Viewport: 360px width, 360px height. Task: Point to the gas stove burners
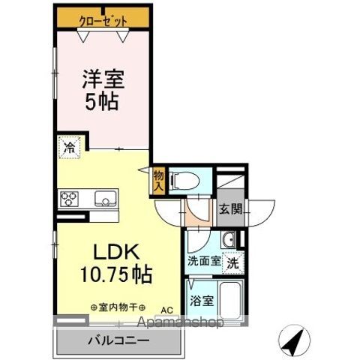click(x=70, y=199)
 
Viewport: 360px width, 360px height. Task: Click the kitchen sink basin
click(x=104, y=199)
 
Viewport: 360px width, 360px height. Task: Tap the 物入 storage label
click(x=159, y=180)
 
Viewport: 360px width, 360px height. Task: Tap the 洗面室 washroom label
click(x=203, y=262)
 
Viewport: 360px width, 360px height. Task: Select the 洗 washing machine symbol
click(x=234, y=263)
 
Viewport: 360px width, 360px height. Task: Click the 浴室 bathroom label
click(x=202, y=300)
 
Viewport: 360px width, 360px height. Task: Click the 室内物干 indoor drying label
click(x=118, y=307)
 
